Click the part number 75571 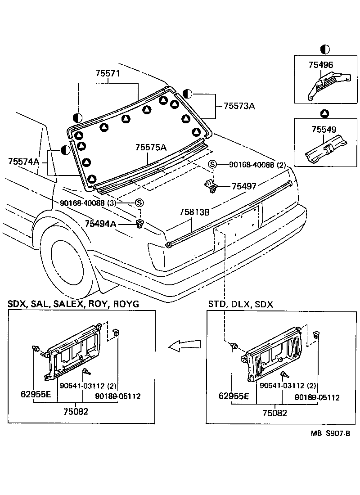108,74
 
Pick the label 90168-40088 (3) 95,203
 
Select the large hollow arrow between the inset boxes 184,345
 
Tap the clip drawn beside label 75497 211,185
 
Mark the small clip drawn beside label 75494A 140,224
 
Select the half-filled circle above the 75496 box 324,49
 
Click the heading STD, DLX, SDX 240,304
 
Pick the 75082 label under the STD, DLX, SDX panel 275,413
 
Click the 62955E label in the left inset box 36,396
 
